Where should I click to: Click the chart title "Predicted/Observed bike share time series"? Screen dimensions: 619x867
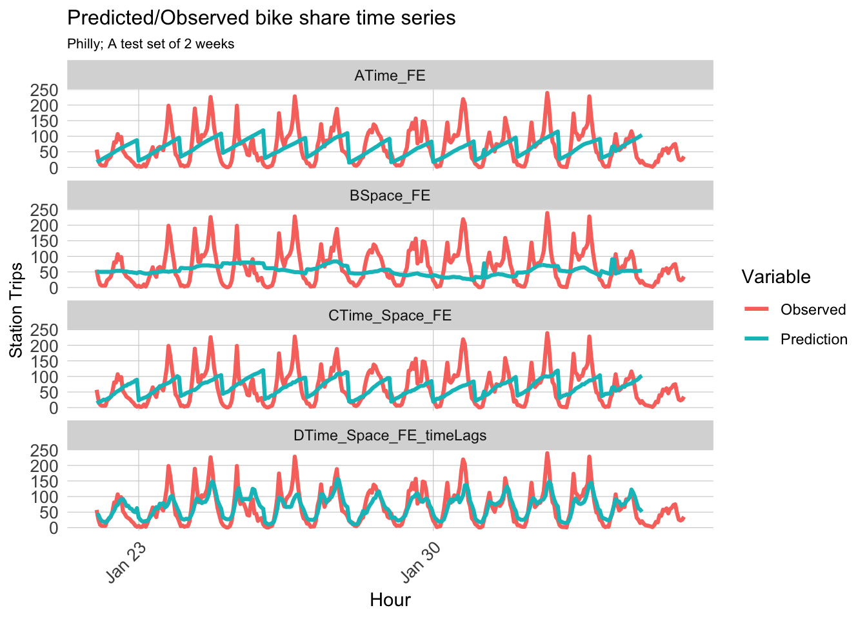pos(261,18)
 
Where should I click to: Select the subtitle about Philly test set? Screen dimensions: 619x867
pos(150,44)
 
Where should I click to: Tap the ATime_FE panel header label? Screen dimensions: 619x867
pos(390,75)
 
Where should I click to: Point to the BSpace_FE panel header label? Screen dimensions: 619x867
pos(390,195)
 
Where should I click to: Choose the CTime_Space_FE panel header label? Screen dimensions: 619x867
pos(390,315)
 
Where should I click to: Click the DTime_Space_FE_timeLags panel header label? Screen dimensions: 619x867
pos(390,435)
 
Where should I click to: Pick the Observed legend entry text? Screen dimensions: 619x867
pos(813,309)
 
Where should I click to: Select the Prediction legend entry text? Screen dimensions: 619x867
pos(813,339)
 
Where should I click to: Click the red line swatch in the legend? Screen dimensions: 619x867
pos(757,309)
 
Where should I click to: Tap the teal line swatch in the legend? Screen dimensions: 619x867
pos(757,339)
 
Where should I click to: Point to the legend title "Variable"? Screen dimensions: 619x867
pos(775,277)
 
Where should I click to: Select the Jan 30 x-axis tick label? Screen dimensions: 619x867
pos(421,563)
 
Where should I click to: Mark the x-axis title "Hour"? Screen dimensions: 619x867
pos(390,600)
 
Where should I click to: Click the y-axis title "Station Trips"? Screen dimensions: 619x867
pos(16,309)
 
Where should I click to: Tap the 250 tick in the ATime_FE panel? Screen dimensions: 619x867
pos(45,90)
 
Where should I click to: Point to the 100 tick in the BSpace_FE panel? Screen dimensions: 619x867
pos(45,257)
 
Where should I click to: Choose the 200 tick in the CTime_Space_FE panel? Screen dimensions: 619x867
pos(45,346)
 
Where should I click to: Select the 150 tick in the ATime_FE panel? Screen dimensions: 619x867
pos(45,121)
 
